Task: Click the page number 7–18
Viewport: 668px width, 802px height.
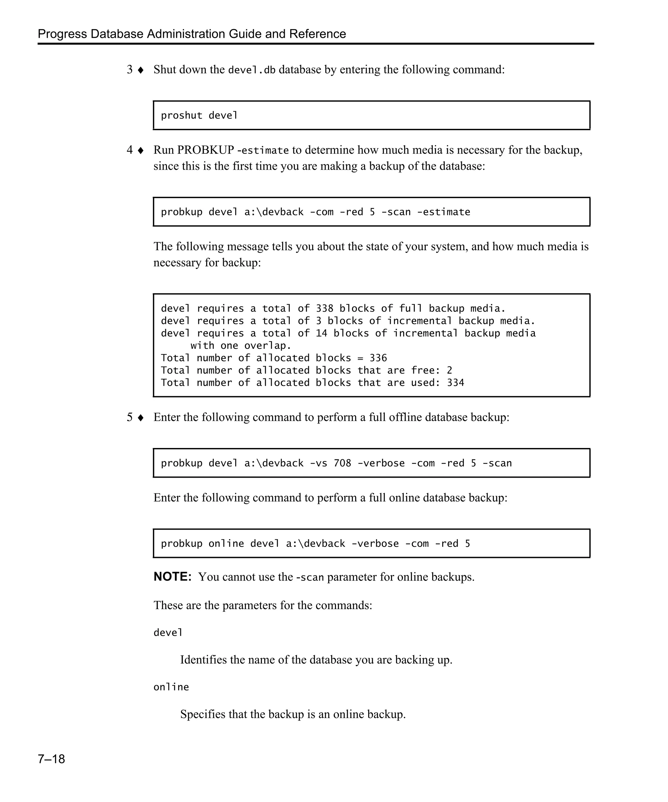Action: pyautogui.click(x=51, y=759)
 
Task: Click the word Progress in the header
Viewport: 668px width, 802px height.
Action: pyautogui.click(x=62, y=34)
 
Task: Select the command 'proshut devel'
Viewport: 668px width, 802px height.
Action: pyautogui.click(x=199, y=115)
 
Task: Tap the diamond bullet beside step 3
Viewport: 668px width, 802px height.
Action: pyautogui.click(x=141, y=70)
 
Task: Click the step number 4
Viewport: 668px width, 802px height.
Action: pyautogui.click(x=130, y=150)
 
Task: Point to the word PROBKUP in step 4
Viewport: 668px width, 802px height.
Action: pyautogui.click(x=205, y=150)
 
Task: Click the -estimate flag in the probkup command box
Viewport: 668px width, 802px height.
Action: pyautogui.click(x=444, y=212)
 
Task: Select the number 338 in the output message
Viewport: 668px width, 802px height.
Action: pyautogui.click(x=325, y=308)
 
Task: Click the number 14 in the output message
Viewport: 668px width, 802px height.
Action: pyautogui.click(x=321, y=333)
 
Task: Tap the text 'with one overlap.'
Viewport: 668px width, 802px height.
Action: pyautogui.click(x=240, y=346)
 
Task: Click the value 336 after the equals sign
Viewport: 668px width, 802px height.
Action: pyautogui.click(x=378, y=358)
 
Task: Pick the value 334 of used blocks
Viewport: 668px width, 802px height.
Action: pyautogui.click(x=455, y=383)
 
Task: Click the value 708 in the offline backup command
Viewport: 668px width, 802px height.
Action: pyautogui.click(x=342, y=463)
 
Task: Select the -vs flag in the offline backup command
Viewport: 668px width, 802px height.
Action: pyautogui.click(x=318, y=463)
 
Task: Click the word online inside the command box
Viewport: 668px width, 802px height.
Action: pyautogui.click(x=226, y=544)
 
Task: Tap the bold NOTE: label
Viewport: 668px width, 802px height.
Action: pyautogui.click(x=173, y=577)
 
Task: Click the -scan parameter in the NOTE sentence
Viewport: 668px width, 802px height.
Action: pyautogui.click(x=310, y=577)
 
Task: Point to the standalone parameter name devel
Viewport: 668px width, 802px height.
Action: pyautogui.click(x=168, y=633)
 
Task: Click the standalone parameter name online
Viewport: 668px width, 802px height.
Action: pyautogui.click(x=171, y=687)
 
